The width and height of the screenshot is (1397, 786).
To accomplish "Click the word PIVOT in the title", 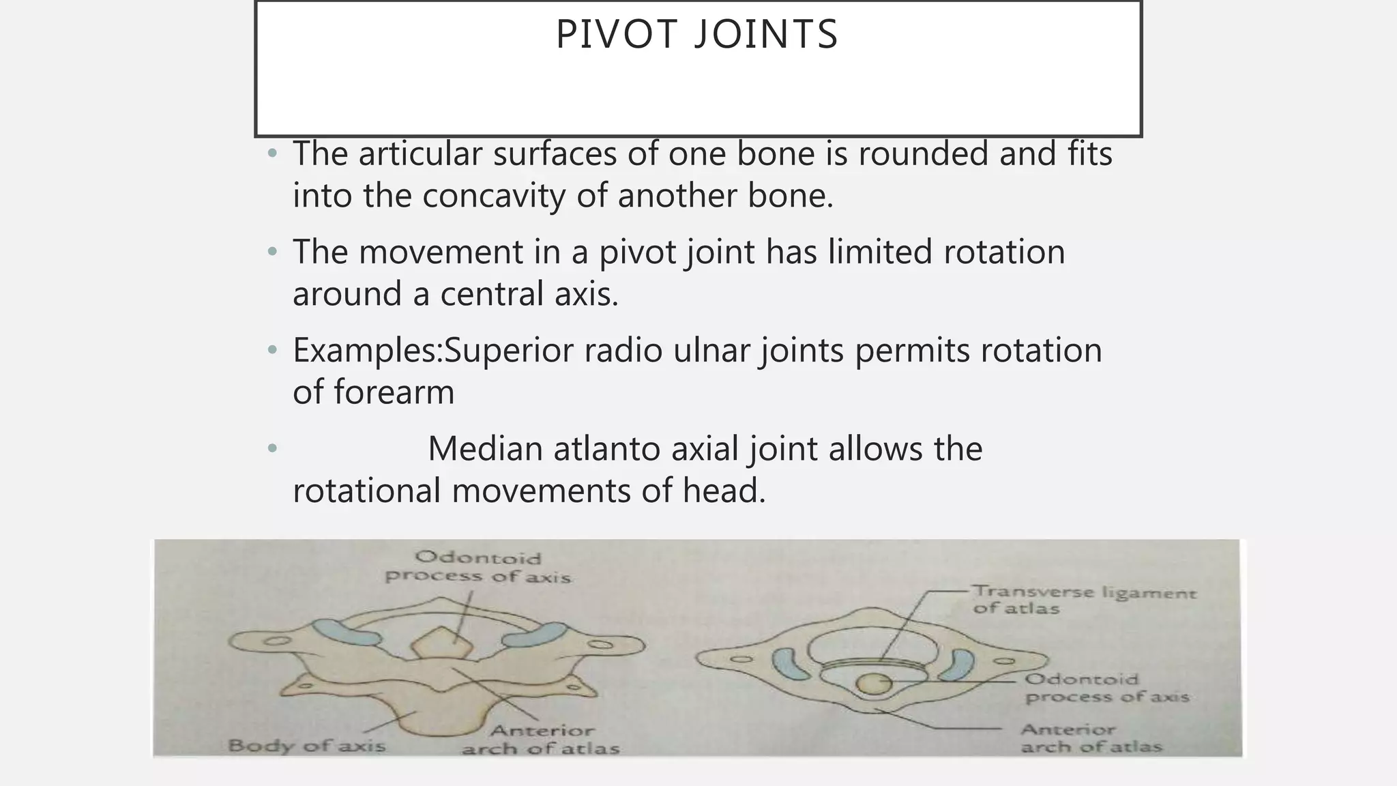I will [619, 34].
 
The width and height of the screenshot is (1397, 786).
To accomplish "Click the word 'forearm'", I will [394, 392].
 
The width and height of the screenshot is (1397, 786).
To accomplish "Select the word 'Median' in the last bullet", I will [485, 449].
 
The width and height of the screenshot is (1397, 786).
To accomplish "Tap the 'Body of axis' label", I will [307, 745].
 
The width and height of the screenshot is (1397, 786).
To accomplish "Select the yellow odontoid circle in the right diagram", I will [873, 683].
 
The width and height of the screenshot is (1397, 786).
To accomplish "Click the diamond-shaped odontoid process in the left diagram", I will [442, 643].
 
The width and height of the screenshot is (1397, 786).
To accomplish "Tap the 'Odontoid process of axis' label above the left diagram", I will [477, 568].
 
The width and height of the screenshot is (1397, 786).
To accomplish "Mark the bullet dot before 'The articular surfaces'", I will [273, 154].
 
